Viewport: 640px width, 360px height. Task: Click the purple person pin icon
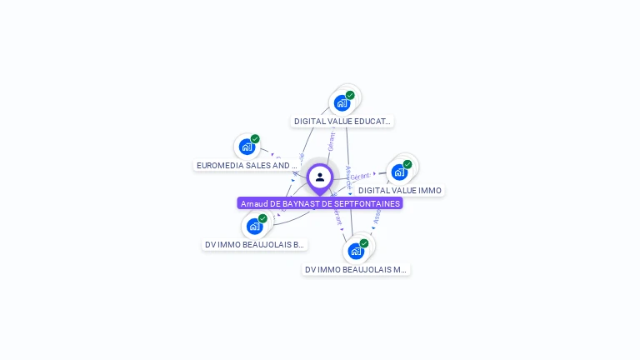(320, 177)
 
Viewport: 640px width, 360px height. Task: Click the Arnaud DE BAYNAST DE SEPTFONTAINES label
(320, 203)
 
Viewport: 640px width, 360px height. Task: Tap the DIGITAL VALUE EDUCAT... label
(342, 121)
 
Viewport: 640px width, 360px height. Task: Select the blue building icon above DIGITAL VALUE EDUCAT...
(341, 103)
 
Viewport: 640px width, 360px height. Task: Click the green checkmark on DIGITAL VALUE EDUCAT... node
(350, 95)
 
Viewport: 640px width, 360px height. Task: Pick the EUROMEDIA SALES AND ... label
(247, 165)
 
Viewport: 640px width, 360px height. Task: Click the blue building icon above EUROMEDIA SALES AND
(247, 147)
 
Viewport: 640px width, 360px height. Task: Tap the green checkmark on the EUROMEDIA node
(255, 139)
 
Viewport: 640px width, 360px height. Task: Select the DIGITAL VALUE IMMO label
(400, 190)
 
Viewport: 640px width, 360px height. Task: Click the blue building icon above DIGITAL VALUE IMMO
(399, 172)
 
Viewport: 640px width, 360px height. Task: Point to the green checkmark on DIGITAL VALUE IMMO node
(407, 164)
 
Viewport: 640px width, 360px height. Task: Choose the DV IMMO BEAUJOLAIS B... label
(255, 244)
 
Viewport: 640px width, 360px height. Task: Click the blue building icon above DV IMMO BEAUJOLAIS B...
(254, 226)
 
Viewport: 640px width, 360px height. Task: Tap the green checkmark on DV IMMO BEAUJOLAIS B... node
(262, 218)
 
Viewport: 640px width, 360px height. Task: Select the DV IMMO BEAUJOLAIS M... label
(356, 269)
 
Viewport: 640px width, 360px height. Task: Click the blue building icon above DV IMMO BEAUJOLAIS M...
(356, 251)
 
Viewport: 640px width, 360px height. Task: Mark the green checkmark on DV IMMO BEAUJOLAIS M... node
(364, 243)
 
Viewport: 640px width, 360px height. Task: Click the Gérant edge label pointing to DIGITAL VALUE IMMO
(360, 177)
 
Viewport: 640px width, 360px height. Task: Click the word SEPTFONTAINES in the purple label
(367, 203)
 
